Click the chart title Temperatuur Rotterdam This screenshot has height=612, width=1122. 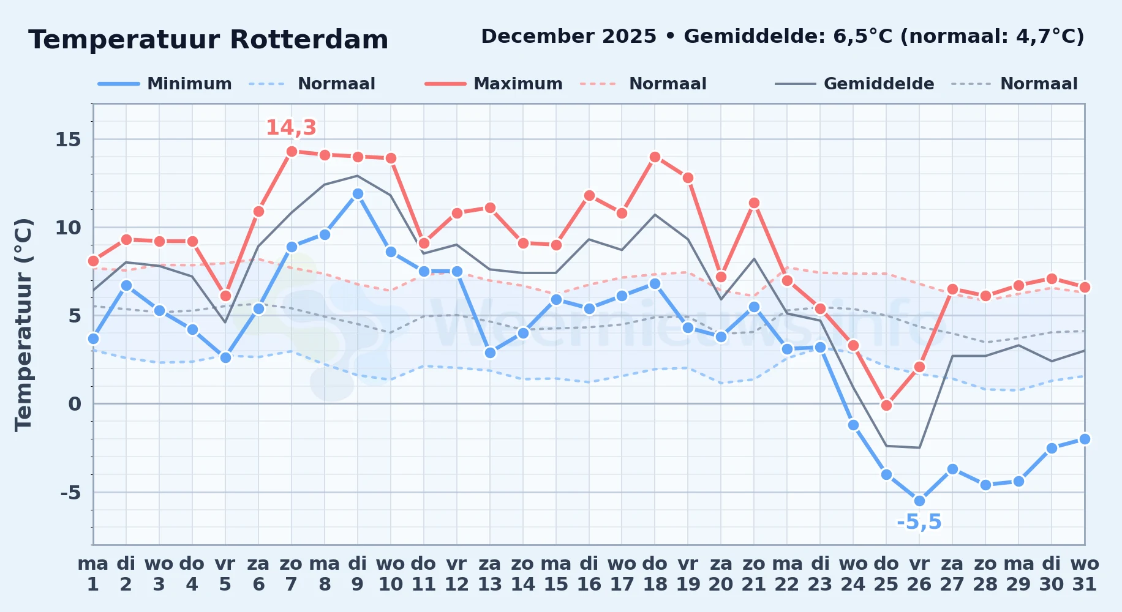point(208,40)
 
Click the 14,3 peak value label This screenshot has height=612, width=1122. point(291,127)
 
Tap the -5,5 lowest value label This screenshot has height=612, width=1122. point(919,522)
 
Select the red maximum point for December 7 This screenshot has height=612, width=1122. point(292,151)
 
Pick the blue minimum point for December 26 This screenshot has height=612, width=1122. point(919,501)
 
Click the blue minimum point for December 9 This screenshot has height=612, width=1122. point(358,193)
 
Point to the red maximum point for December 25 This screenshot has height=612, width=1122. point(886,405)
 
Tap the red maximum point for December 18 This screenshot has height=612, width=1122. point(655,157)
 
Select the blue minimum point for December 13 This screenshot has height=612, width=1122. point(490,353)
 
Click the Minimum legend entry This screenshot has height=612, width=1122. point(165,84)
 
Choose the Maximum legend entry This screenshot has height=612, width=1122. point(494,84)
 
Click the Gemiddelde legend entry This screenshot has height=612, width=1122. point(855,84)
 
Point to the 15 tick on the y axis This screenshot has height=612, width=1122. point(68,140)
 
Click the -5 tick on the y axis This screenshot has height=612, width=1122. point(70,492)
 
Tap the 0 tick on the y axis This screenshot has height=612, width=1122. point(75,404)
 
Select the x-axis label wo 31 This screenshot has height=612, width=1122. point(1085,574)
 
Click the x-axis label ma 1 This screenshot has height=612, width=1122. point(93,574)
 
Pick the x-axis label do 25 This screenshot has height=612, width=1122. point(886,574)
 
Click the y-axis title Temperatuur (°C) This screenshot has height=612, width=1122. point(23,324)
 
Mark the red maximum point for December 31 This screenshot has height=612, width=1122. point(1085,287)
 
